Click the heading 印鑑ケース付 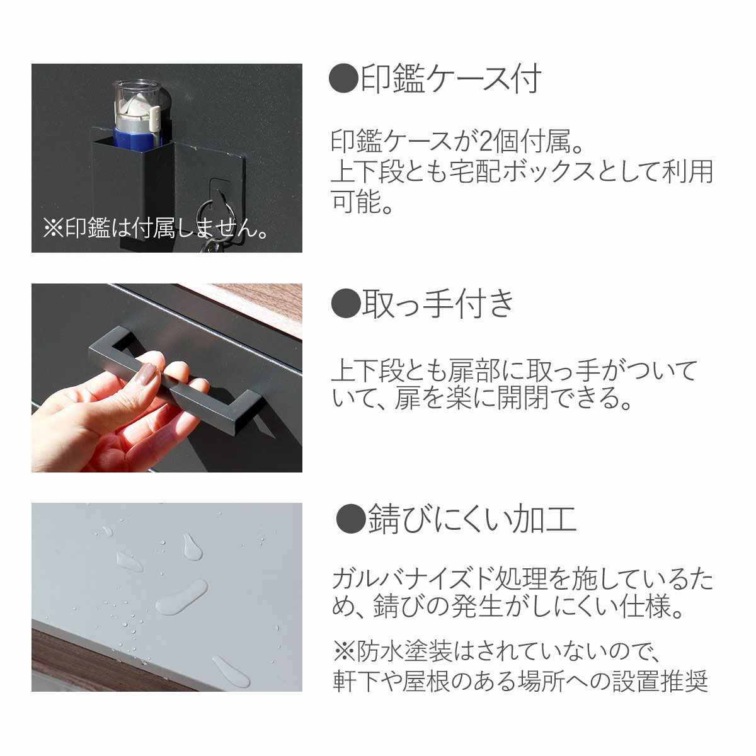pos(450,79)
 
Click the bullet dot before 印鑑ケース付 pos(343,79)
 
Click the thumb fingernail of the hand pos(147,375)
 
